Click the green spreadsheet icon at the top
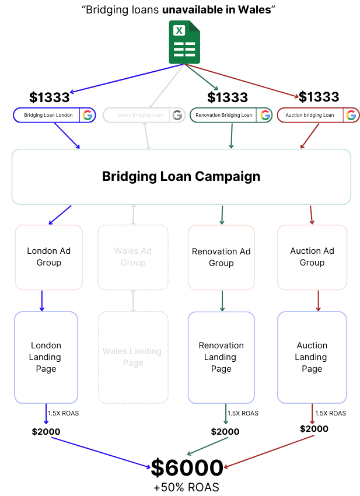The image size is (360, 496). point(184,42)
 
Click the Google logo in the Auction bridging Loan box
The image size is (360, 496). point(351,115)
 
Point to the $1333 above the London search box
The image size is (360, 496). point(50,97)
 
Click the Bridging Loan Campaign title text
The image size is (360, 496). point(181,176)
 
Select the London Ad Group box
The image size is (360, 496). point(49,257)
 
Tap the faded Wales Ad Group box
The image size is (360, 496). point(133,257)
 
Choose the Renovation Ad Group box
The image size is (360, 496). point(221,257)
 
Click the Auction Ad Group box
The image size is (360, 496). point(312,257)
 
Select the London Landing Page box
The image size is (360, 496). point(46,357)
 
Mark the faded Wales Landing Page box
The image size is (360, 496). point(133,357)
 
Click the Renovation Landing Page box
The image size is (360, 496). point(221,357)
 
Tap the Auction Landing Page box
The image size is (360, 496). point(312,357)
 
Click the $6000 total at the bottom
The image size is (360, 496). point(187,467)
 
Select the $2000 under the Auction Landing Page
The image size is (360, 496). point(314,429)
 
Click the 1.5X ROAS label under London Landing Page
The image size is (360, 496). point(63,413)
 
